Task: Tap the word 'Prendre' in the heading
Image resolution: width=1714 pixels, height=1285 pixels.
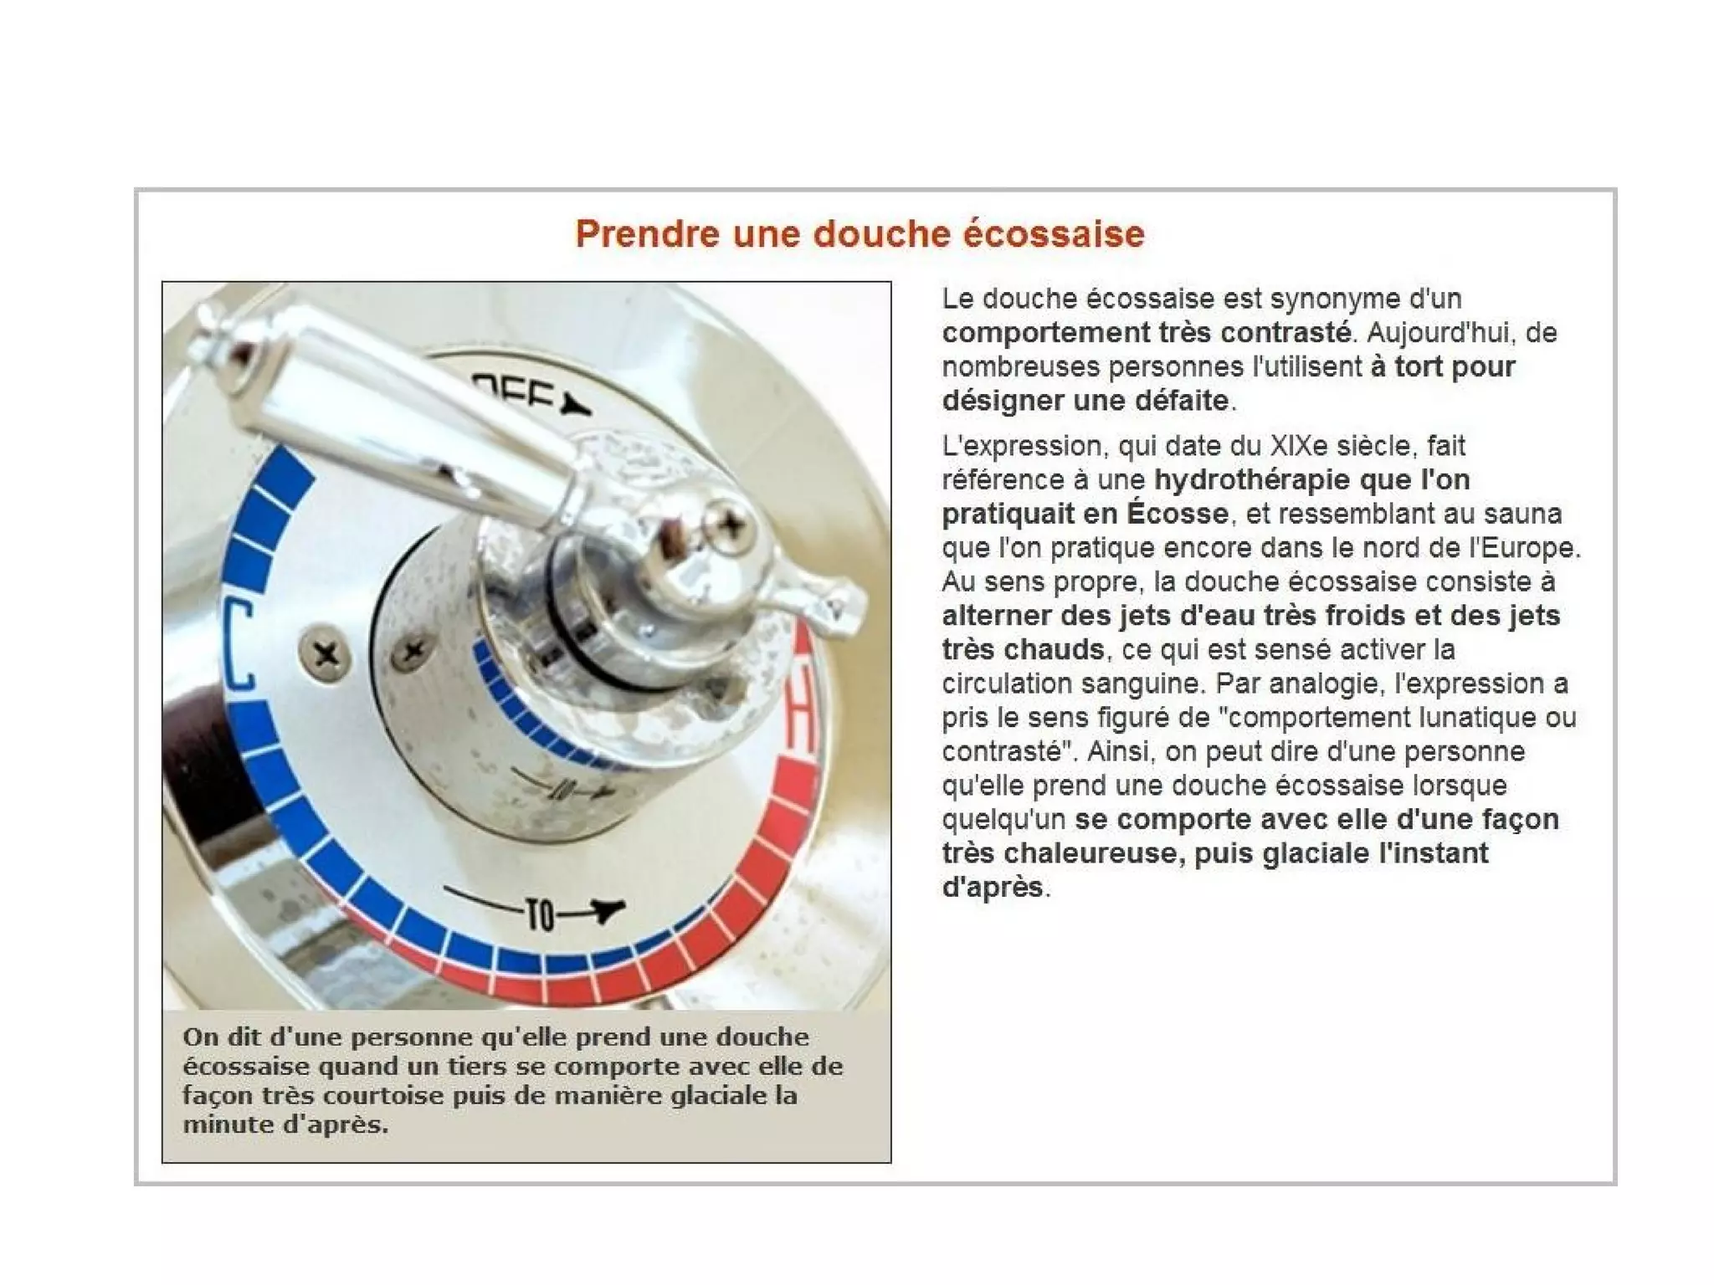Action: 647,233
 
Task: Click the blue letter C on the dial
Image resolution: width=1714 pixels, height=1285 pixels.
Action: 239,644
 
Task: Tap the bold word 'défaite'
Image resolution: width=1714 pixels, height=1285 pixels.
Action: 1182,400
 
